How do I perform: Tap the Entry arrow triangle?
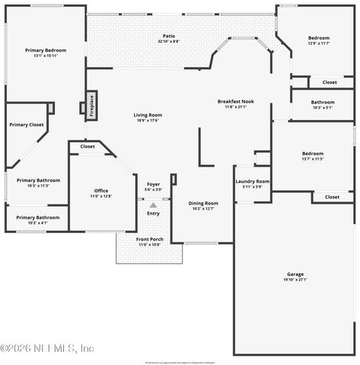(153, 205)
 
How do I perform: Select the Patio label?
(169, 36)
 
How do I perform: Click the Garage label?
(295, 274)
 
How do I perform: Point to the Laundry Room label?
(253, 181)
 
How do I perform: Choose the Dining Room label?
(203, 203)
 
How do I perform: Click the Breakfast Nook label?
(235, 101)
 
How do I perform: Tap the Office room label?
(101, 190)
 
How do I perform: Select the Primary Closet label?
(27, 124)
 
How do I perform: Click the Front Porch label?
(149, 239)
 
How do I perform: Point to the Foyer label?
(153, 185)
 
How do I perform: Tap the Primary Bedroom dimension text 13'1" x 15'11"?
(46, 56)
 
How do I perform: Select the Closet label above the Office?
(88, 146)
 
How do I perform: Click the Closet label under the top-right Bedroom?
(330, 82)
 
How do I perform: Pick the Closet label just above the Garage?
(332, 197)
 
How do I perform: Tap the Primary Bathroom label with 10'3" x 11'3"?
(38, 180)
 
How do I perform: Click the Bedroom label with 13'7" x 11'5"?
(313, 153)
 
